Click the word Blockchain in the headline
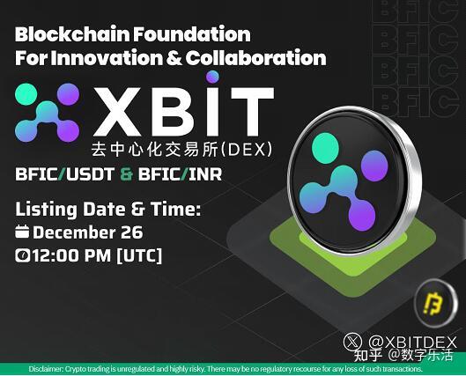pyautogui.click(x=72, y=34)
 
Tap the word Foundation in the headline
pyautogui.click(x=192, y=34)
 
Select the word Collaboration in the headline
pyautogui.click(x=255, y=57)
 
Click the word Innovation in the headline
pyautogui.click(x=107, y=57)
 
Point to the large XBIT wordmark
pyautogui.click(x=183, y=110)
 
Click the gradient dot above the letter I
pyautogui.click(x=212, y=77)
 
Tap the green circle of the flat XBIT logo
pyautogui.click(x=26, y=94)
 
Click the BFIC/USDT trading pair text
pyautogui.click(x=64, y=174)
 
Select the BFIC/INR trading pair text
pyautogui.click(x=180, y=174)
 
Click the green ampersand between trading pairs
pyautogui.click(x=126, y=174)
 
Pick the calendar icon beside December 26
pyautogui.click(x=22, y=232)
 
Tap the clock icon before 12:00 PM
pyautogui.click(x=22, y=255)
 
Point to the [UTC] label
pyautogui.click(x=139, y=255)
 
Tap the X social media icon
pyautogui.click(x=352, y=342)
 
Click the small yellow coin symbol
pyautogui.click(x=434, y=303)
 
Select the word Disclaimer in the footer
pyautogui.click(x=46, y=369)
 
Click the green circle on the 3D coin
pyautogui.click(x=325, y=148)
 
